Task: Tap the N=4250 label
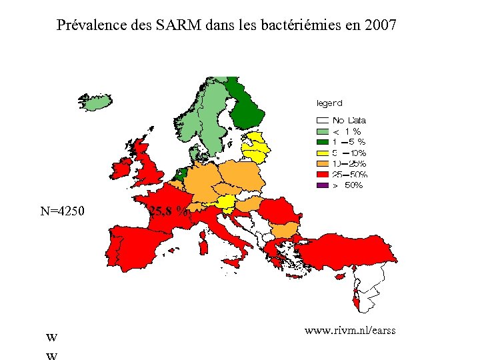(62, 212)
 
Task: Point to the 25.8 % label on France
(169, 212)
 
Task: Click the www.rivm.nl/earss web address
(350, 330)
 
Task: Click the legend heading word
(329, 103)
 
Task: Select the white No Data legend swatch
(323, 121)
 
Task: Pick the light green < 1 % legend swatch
(323, 131)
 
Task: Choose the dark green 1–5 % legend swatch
(323, 142)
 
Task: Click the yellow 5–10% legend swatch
(323, 153)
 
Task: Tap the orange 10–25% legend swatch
(323, 163)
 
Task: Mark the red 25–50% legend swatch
(323, 174)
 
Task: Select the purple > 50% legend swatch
(323, 185)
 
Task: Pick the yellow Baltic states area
(255, 147)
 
